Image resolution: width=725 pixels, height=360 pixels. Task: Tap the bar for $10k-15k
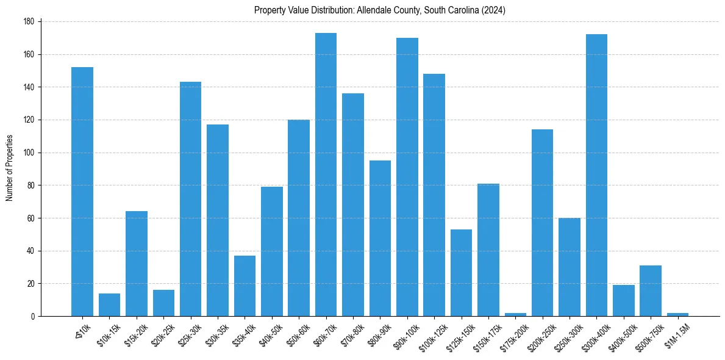coord(109,305)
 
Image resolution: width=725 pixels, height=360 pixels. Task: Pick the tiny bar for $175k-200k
coord(515,314)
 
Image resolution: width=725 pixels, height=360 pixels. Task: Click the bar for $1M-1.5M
coord(677,314)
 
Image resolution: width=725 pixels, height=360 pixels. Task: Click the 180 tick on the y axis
coord(29,21)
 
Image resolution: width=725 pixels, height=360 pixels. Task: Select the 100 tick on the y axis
coord(29,153)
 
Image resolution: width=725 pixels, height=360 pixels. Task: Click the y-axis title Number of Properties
coord(9,167)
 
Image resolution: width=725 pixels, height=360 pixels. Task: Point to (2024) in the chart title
coord(493,10)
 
